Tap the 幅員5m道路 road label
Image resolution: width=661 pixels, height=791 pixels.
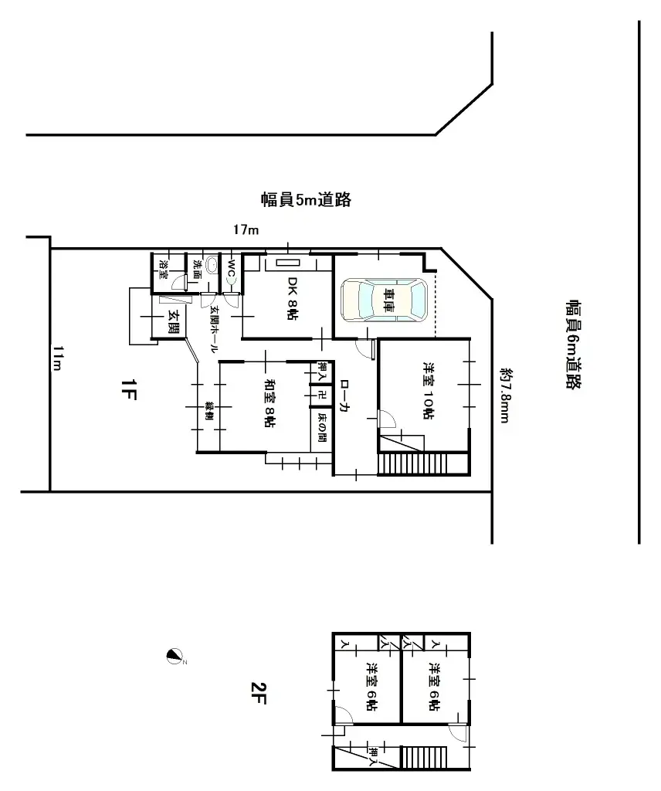click(x=306, y=200)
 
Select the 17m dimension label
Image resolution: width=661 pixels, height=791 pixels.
click(x=246, y=229)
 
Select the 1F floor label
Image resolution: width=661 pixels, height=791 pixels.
click(x=129, y=392)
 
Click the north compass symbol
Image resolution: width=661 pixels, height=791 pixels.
click(x=175, y=657)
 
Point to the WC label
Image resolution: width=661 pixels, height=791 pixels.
click(x=231, y=266)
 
